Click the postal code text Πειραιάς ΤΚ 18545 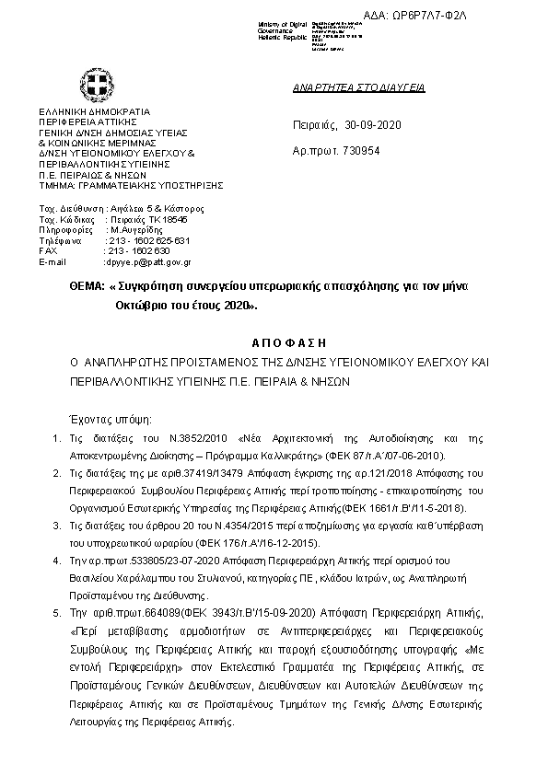146,220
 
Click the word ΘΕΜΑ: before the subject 87,287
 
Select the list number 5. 56,611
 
